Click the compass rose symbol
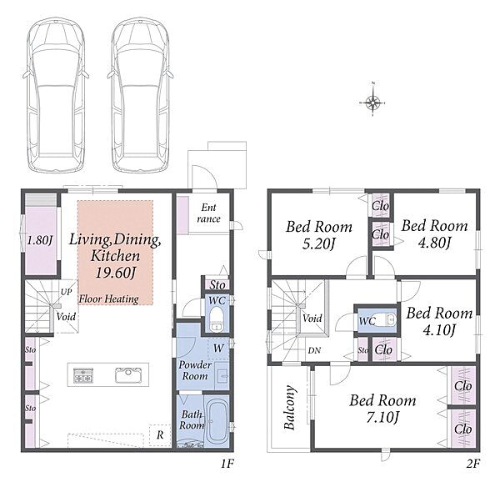[372, 103]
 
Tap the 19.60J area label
[116, 273]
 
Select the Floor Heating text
[108, 299]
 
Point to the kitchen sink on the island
[128, 374]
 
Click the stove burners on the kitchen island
[82, 375]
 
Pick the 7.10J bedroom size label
[382, 417]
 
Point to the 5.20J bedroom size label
[318, 244]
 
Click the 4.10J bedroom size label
[439, 329]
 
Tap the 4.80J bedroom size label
[435, 243]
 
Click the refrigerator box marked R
[160, 434]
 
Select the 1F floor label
[227, 464]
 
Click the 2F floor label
[473, 464]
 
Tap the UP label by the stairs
[66, 292]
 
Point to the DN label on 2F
[314, 350]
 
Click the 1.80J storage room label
[39, 240]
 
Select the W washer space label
[218, 348]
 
